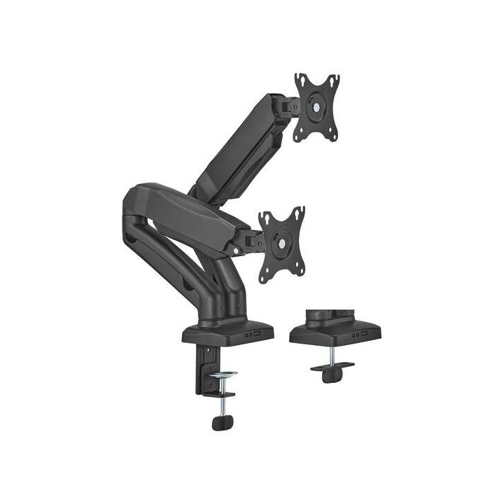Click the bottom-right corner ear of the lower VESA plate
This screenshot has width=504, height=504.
pos(299,278)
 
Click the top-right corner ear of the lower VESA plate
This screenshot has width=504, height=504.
pos(300,211)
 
